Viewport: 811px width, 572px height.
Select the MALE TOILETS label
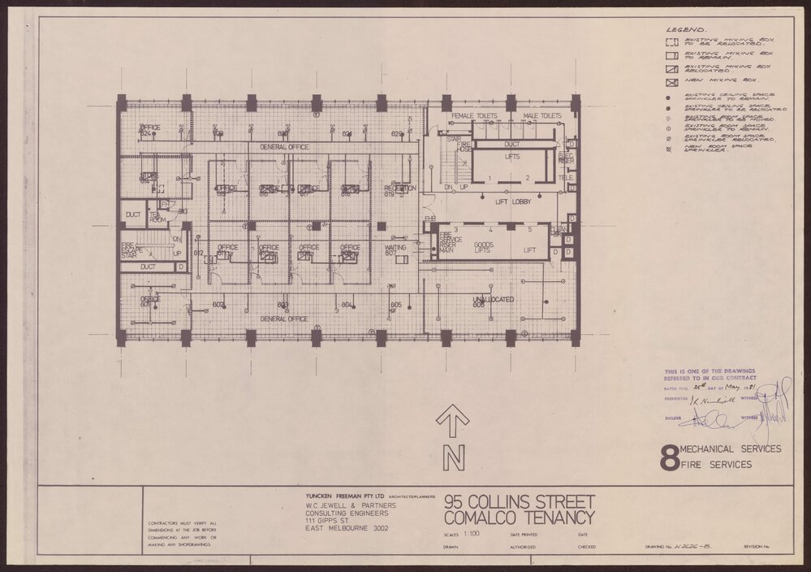tap(540, 117)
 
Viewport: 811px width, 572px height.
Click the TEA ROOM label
tap(157, 217)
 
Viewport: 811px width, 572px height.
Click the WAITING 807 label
tap(395, 249)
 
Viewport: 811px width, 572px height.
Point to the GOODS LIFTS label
tap(484, 249)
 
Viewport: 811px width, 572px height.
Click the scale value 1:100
tap(470, 535)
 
